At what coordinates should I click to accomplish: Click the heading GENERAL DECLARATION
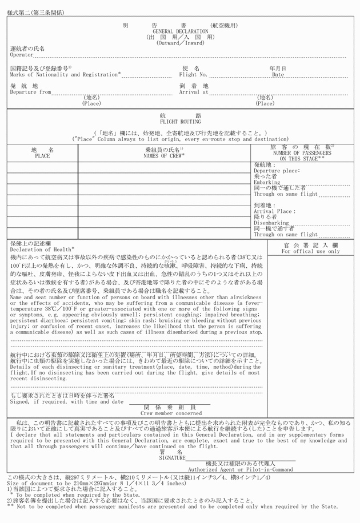(x=180, y=31)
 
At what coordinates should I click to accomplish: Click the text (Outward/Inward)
(x=180, y=43)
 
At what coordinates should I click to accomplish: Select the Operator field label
(x=22, y=55)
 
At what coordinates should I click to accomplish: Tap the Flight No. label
(x=193, y=75)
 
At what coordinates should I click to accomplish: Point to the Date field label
(x=278, y=75)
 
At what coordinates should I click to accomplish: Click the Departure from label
(x=30, y=92)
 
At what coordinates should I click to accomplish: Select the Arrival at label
(x=194, y=92)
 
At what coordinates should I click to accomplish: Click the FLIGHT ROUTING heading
(x=180, y=122)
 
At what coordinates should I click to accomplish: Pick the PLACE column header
(x=42, y=155)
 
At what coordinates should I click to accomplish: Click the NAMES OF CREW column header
(x=164, y=155)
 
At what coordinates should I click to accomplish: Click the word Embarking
(x=267, y=182)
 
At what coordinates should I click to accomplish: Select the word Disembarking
(x=271, y=223)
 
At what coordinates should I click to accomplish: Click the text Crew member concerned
(x=169, y=413)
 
